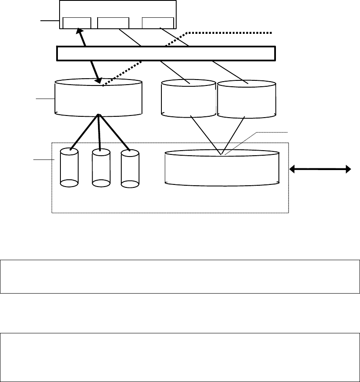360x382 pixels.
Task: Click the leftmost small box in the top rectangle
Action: click(x=76, y=23)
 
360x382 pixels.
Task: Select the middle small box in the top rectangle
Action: click(x=113, y=23)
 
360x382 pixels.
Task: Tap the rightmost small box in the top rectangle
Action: click(x=158, y=23)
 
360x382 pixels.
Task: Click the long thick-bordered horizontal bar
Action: click(x=166, y=53)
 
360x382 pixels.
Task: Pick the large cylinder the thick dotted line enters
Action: click(x=98, y=98)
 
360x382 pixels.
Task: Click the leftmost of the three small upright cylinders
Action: click(x=69, y=168)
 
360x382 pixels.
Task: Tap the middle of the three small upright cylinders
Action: click(x=101, y=168)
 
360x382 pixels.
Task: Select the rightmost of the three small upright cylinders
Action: click(x=129, y=168)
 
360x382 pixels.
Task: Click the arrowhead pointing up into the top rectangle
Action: click(x=79, y=31)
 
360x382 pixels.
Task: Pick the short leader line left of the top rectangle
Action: click(x=49, y=20)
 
